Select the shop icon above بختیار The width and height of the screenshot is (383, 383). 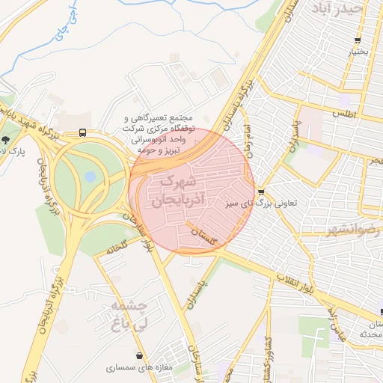point(358,40)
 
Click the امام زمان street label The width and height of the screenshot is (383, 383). point(245,138)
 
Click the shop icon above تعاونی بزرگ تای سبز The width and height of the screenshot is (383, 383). point(260,191)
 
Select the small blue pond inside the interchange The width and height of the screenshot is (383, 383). point(90,177)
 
